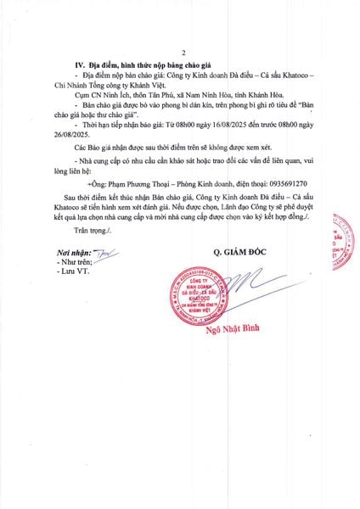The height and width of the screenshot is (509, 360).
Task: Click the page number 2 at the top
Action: pos(182,52)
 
